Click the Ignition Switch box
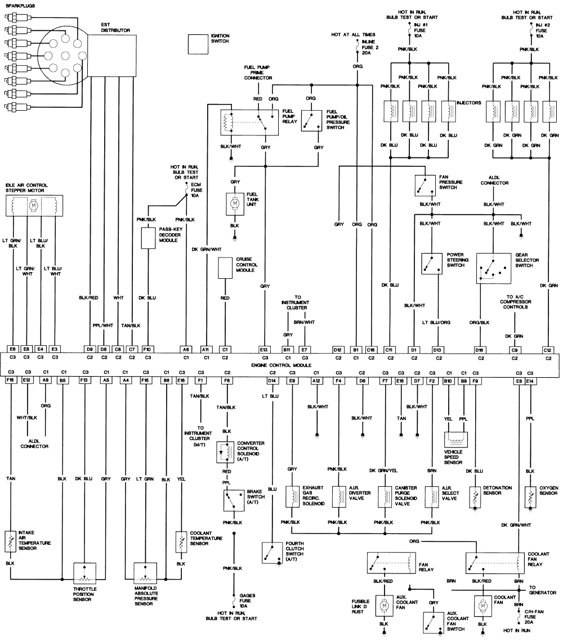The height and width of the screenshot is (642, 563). pyautogui.click(x=198, y=44)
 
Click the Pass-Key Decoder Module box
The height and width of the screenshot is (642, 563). pyautogui.click(x=148, y=238)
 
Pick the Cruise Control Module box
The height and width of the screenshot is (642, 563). pyautogui.click(x=225, y=268)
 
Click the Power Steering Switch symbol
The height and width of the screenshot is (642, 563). pyautogui.click(x=432, y=264)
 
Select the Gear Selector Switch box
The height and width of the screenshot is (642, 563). pyautogui.click(x=494, y=269)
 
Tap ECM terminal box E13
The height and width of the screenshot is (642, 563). pyautogui.click(x=263, y=350)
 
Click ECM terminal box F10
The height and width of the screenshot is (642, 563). pyautogui.click(x=147, y=350)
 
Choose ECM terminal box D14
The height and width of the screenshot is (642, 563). pyautogui.click(x=272, y=381)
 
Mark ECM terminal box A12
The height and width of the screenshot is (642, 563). pyautogui.click(x=316, y=381)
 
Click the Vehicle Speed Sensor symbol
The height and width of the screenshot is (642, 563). pyautogui.click(x=455, y=440)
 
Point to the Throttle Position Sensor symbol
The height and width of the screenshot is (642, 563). pyautogui.click(x=84, y=573)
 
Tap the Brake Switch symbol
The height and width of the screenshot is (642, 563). pyautogui.click(x=234, y=500)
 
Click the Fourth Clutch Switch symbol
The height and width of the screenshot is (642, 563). pyautogui.click(x=272, y=553)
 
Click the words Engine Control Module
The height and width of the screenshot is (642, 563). pyautogui.click(x=281, y=365)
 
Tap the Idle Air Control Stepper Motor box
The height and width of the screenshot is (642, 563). pyautogui.click(x=34, y=205)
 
